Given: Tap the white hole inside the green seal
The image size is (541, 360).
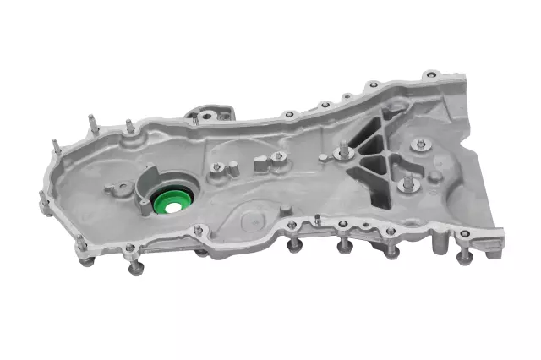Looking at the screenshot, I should click(172, 204).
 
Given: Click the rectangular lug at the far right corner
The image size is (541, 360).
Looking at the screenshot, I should click(491, 245).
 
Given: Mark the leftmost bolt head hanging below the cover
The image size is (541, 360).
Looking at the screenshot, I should click(86, 261).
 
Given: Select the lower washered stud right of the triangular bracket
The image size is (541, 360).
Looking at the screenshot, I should click(409, 183).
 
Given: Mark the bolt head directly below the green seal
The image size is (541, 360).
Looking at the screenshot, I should click(200, 251).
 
